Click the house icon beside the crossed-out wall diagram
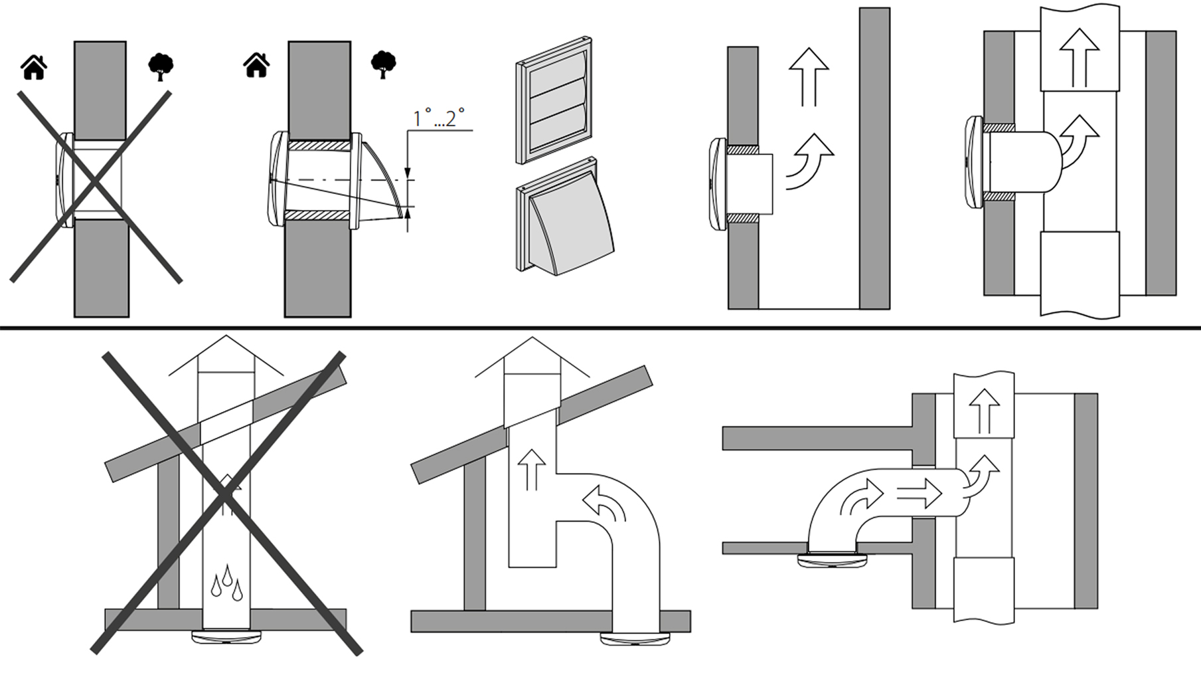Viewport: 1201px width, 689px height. (34, 67)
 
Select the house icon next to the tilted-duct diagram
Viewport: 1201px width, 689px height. (256, 65)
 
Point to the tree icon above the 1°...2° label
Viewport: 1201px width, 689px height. (383, 64)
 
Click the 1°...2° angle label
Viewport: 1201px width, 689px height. (438, 118)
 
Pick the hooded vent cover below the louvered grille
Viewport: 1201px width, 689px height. (564, 219)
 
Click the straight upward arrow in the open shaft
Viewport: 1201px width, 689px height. (809, 76)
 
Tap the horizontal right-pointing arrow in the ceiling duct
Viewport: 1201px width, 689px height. (919, 494)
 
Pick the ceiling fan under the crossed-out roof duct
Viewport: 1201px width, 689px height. (226, 637)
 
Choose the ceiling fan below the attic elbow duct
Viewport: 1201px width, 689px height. (635, 639)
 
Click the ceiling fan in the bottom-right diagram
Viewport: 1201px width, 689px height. (832, 560)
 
